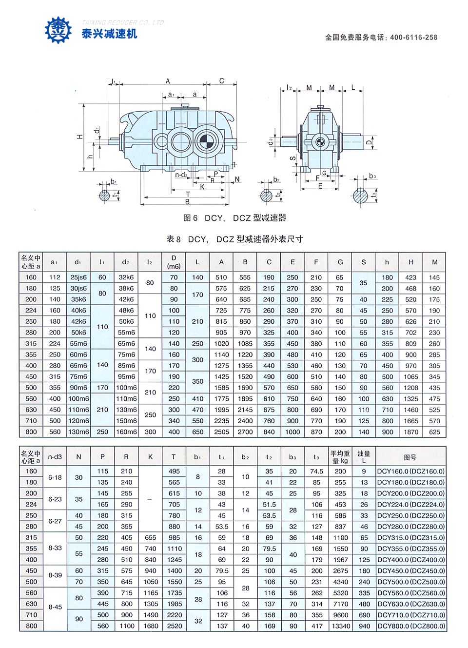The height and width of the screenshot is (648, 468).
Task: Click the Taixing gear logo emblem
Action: pyautogui.click(x=58, y=30)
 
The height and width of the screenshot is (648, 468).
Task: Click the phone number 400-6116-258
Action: pyautogui.click(x=413, y=38)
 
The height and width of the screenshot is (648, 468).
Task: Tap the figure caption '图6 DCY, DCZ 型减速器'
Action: pyautogui.click(x=234, y=218)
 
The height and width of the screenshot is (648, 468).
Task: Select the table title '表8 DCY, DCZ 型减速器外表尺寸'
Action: pyautogui.click(x=234, y=239)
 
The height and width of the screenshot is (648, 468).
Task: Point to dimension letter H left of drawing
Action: pyautogui.click(x=80, y=137)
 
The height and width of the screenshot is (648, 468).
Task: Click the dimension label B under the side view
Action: pyautogui.click(x=187, y=202)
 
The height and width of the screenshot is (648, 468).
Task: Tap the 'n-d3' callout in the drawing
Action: pyautogui.click(x=181, y=175)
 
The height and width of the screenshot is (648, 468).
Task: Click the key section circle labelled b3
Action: pyautogui.click(x=360, y=196)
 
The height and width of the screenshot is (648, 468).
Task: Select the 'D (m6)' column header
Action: pyautogui.click(x=174, y=262)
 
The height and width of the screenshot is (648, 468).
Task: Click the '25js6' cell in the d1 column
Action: pyautogui.click(x=78, y=277)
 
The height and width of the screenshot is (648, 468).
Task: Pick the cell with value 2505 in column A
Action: pyautogui.click(x=221, y=432)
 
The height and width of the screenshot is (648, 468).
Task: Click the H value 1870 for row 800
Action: pyautogui.click(x=411, y=432)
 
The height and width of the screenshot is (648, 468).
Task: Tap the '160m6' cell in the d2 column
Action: pyautogui.click(x=126, y=432)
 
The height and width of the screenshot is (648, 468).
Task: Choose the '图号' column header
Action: pyautogui.click(x=410, y=457)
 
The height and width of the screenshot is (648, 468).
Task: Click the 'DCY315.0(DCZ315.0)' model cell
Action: pyautogui.click(x=411, y=538)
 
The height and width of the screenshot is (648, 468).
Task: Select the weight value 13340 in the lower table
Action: pyautogui.click(x=341, y=626)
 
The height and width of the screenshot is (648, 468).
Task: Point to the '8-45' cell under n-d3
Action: pyautogui.click(x=55, y=607)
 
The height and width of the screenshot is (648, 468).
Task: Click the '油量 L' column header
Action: pyautogui.click(x=364, y=457)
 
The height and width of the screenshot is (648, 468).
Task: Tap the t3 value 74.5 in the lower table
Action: pyautogui.click(x=317, y=471)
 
